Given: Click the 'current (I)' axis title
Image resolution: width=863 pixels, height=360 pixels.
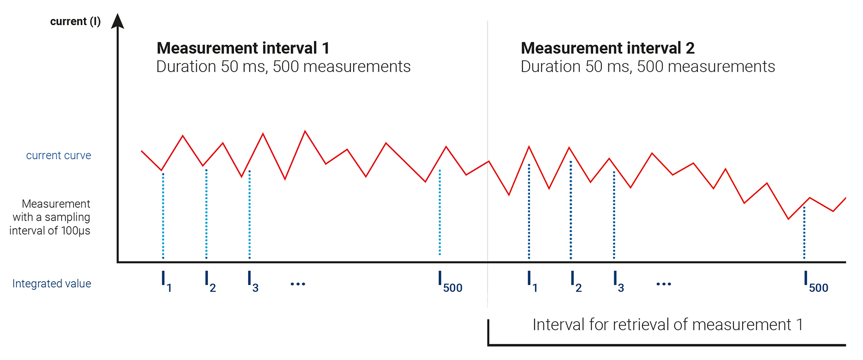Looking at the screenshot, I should pos(75,22).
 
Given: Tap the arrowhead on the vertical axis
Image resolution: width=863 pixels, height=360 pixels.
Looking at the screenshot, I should pos(118,21).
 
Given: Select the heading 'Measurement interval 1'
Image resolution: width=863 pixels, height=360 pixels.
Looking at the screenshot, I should pos(243,48).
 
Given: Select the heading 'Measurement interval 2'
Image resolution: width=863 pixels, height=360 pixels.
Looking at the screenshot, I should pos(607,48).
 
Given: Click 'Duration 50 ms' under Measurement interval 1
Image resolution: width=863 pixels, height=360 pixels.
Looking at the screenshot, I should pos(211,67).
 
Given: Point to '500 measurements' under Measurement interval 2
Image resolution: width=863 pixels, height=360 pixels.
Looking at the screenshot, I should pos(706,67).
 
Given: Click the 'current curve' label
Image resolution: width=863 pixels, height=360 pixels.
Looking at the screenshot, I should pos(58,156).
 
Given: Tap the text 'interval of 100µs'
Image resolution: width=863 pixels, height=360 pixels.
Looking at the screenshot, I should pos(50,231).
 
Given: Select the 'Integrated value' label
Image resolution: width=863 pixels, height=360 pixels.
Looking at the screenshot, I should pos(52,284).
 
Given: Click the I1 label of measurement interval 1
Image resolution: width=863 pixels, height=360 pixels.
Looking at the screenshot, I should pos(165,281).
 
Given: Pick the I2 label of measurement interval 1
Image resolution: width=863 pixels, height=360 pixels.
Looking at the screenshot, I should pos(210,281).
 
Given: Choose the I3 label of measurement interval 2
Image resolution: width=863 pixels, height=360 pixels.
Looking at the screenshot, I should pos(618,281).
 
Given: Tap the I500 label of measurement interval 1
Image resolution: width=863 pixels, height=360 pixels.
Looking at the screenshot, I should pos(450,281).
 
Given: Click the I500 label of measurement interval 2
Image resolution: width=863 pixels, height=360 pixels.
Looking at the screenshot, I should pos(816,281).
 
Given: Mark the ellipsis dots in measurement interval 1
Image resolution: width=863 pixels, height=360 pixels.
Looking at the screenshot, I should pos(298,284).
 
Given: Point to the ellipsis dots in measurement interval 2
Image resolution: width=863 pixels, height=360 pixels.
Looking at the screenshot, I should pos(663,284).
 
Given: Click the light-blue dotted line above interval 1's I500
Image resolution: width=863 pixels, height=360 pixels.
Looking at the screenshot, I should pos(440,213).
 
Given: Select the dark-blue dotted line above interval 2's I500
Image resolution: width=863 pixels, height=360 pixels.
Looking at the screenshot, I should pos(804,232).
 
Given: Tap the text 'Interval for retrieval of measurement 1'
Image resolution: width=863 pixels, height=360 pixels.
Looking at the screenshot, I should pos(667,325).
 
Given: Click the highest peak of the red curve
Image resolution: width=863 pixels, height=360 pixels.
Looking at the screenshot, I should pos(305,131).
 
